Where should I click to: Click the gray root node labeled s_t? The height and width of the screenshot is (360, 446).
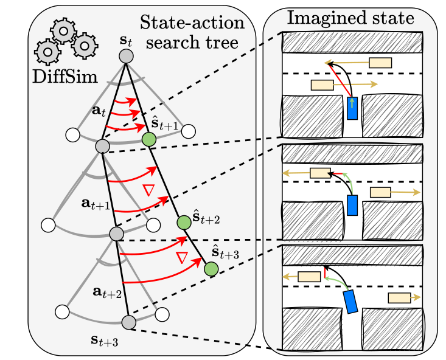tap(126, 56)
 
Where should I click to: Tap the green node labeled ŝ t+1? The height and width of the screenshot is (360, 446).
tap(149, 139)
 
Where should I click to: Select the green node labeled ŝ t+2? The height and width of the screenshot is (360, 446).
tap(184, 223)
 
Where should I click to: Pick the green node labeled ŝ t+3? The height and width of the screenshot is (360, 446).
tap(211, 269)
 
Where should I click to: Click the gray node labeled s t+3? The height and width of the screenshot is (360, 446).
tap(129, 322)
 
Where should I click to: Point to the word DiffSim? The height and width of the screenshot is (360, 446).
tap(65, 77)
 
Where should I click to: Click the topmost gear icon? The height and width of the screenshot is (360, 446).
tap(63, 31)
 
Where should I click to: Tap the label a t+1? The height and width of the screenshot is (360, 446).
tap(96, 204)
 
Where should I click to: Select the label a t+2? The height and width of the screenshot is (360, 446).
tap(107, 292)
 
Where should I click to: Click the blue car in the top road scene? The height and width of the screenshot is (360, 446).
tap(352, 108)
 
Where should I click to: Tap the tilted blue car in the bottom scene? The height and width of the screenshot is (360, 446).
tap(350, 302)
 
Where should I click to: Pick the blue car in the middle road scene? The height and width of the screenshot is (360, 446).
tap(352, 205)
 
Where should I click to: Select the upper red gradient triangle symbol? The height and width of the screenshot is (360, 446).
tap(148, 190)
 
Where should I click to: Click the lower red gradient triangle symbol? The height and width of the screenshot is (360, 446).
tap(182, 258)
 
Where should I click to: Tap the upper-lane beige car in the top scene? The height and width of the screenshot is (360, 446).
tap(380, 63)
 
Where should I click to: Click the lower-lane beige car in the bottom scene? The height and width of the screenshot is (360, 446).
tap(399, 298)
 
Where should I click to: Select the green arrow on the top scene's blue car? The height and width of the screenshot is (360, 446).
tap(352, 103)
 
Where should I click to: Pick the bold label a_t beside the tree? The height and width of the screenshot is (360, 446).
tap(99, 111)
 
